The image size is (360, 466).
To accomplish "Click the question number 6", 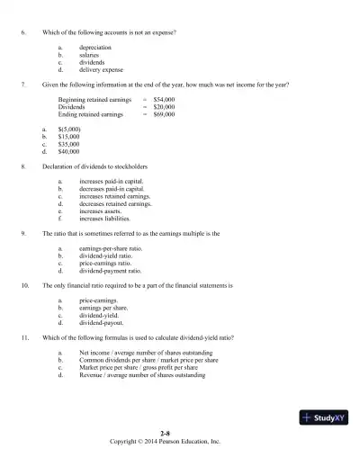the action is [22, 32].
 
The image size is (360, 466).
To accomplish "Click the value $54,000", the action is [164, 101].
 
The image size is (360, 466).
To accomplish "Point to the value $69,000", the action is [164, 115].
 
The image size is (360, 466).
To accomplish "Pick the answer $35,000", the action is [69, 144].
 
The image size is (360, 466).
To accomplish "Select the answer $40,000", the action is [69, 151].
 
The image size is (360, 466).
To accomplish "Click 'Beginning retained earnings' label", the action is [93, 101].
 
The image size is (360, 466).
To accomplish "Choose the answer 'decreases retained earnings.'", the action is [115, 203].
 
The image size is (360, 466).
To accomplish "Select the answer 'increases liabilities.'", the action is [109, 218].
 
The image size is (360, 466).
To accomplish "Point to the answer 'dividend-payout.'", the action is [102, 321].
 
